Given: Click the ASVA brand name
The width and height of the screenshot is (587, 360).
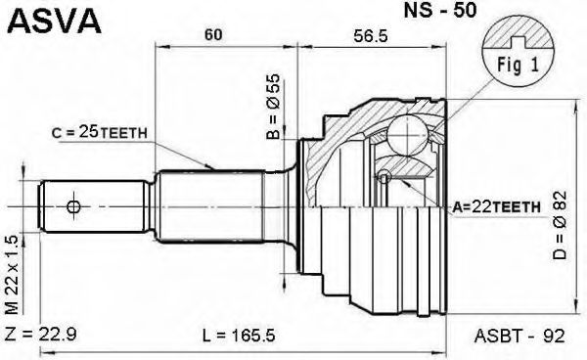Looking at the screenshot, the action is click(x=55, y=21).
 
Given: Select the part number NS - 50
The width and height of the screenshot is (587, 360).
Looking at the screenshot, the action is click(x=440, y=11).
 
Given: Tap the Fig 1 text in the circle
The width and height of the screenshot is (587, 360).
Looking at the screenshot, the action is click(x=518, y=66).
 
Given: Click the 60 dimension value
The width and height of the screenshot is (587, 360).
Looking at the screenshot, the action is click(x=213, y=34).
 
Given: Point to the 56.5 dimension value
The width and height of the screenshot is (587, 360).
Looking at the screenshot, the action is click(x=370, y=35).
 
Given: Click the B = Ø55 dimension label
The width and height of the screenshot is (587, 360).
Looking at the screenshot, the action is click(x=273, y=107).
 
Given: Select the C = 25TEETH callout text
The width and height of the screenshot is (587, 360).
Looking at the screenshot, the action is click(x=99, y=132).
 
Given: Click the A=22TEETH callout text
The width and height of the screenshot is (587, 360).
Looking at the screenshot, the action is click(x=496, y=206).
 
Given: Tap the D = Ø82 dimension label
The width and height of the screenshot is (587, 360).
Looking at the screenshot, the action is click(x=560, y=226).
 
